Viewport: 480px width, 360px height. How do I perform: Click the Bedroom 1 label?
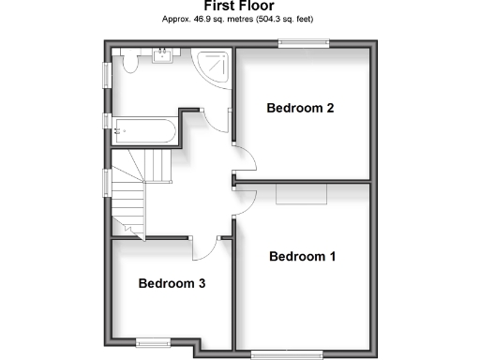click(302, 256)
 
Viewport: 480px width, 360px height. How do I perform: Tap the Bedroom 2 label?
click(300, 108)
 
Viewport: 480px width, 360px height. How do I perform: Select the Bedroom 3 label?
click(172, 283)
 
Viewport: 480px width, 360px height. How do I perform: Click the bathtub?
click(142, 129)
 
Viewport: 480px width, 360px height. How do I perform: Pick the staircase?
click(132, 192)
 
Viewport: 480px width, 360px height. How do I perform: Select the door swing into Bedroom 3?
click(203, 248)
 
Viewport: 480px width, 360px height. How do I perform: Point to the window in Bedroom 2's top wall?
click(303, 42)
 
